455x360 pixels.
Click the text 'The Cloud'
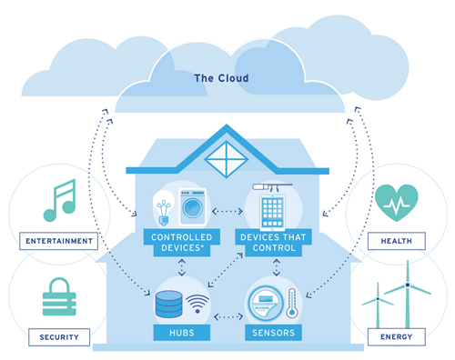221,78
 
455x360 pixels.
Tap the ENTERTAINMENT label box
58,241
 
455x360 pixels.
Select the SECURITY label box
59,337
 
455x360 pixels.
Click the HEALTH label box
397,241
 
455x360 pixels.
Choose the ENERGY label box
397,336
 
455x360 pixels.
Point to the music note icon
60,200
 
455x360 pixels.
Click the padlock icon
59,297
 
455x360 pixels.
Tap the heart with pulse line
397,203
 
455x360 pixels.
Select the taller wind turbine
408,294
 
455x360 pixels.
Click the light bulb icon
164,208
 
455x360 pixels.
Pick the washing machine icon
193,206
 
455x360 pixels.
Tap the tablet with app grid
272,212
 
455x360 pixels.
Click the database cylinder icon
169,304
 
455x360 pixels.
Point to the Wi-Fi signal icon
197,304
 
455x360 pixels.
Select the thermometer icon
292,303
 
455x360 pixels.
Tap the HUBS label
182,333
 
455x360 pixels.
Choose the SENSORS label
273,333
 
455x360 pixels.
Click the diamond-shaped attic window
227,159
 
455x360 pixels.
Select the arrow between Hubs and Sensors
228,317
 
